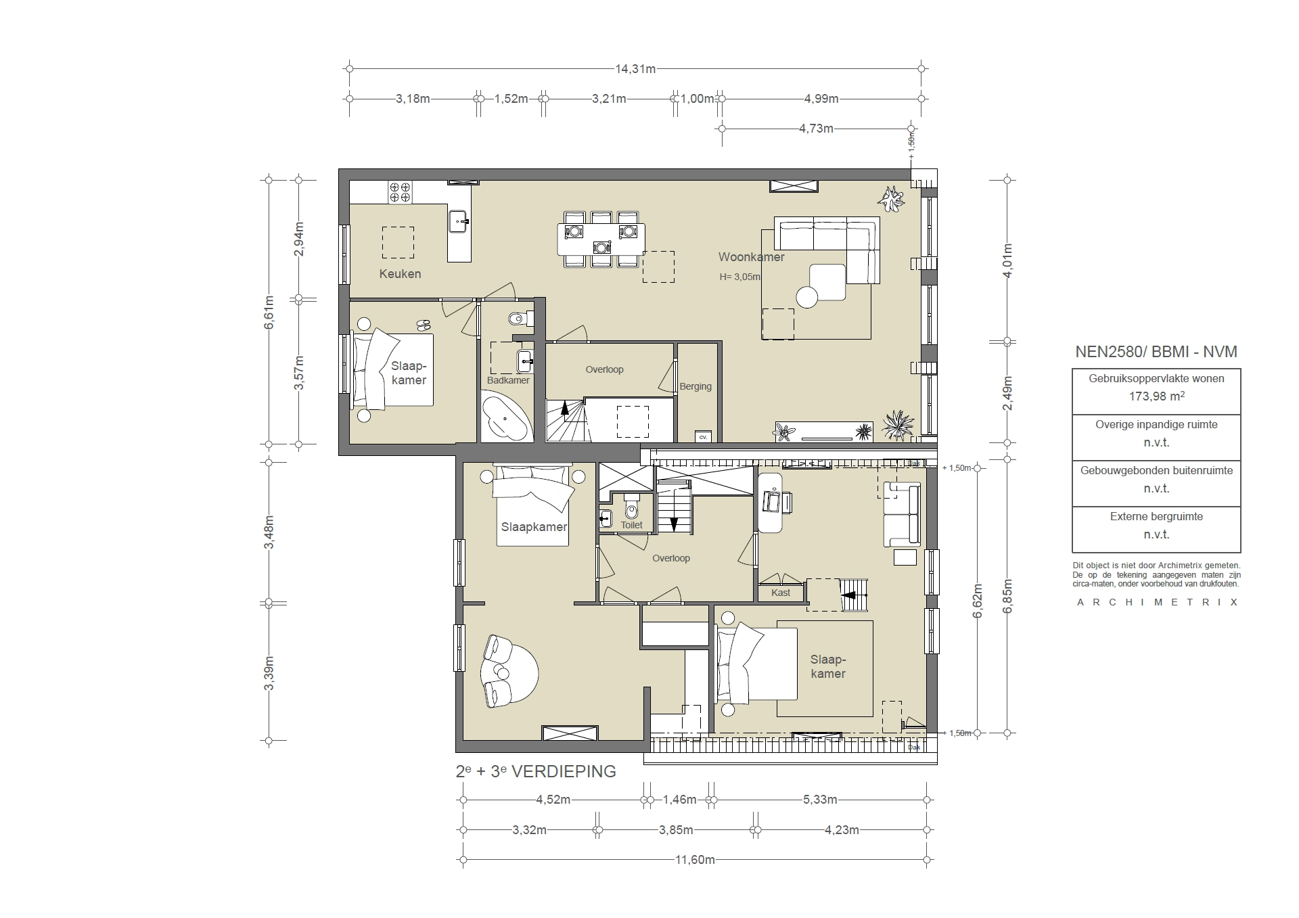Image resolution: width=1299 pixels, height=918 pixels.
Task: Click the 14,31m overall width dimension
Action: [x=635, y=69]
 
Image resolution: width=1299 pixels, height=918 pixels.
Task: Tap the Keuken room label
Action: [x=400, y=274]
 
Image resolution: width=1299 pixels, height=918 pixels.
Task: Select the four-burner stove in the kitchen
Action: [x=400, y=192]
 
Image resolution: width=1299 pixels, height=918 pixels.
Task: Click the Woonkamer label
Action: [x=751, y=257]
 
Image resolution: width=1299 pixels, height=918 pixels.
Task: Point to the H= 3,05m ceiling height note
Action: [x=739, y=277]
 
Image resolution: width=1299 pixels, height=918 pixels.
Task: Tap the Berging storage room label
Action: [x=696, y=386]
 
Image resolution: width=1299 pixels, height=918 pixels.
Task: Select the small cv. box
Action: [x=703, y=436]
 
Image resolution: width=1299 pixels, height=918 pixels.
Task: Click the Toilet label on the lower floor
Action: [x=631, y=525]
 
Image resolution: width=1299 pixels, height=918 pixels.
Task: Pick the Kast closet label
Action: [x=781, y=593]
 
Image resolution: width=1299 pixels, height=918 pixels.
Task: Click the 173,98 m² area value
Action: [x=1156, y=396]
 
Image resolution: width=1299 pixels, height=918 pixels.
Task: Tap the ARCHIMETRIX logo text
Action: [x=1157, y=602]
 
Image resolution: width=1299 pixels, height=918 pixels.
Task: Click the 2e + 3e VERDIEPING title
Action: [x=536, y=772]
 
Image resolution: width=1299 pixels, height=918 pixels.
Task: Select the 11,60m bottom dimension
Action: [x=695, y=860]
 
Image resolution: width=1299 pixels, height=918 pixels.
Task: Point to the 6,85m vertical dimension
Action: [x=1007, y=595]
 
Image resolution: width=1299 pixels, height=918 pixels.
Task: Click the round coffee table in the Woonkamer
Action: [x=807, y=297]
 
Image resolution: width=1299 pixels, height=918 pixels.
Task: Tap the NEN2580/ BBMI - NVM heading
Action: [x=1156, y=352]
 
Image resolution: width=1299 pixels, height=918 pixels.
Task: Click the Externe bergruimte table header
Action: [x=1156, y=517]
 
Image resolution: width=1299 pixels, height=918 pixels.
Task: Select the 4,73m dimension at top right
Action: [x=816, y=129]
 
